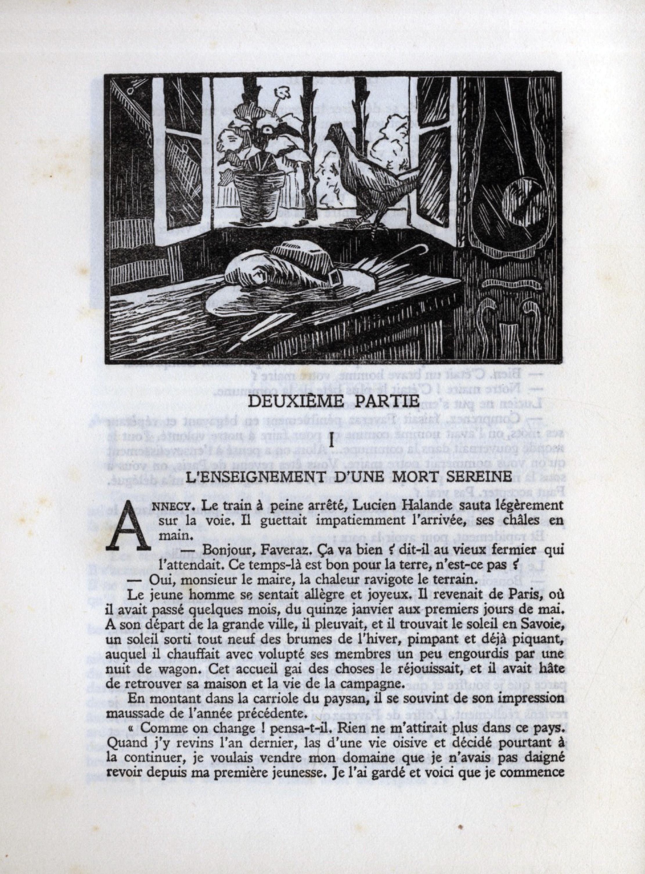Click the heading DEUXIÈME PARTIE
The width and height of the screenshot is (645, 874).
pyautogui.click(x=334, y=401)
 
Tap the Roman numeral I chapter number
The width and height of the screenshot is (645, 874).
pyautogui.click(x=331, y=442)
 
